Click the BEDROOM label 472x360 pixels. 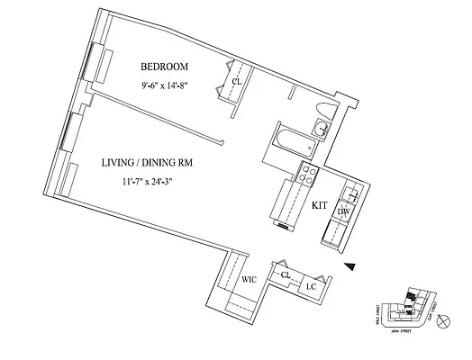pyautogui.click(x=163, y=67)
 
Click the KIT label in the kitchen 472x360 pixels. pyautogui.click(x=319, y=205)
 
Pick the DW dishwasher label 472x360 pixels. pyautogui.click(x=343, y=211)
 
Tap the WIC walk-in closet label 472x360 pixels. pyautogui.click(x=249, y=280)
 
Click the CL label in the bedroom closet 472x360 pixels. pyautogui.click(x=236, y=82)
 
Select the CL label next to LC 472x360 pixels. pyautogui.click(x=286, y=274)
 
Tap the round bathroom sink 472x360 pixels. pyautogui.click(x=322, y=130)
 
